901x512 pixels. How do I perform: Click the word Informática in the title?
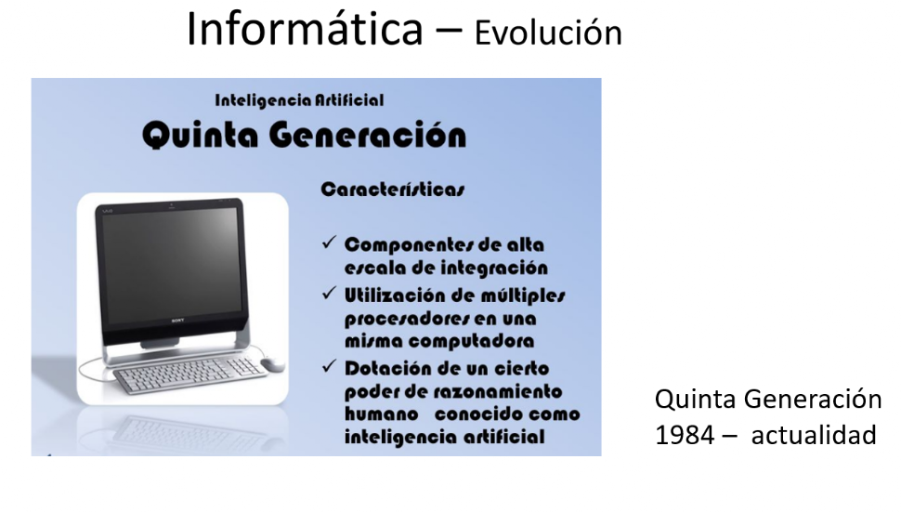click(305, 29)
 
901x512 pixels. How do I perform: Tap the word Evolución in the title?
click(548, 33)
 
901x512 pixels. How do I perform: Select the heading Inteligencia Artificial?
click(299, 100)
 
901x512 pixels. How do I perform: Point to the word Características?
click(393, 190)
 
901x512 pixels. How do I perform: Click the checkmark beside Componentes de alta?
click(329, 243)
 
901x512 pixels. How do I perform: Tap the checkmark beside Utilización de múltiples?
click(329, 293)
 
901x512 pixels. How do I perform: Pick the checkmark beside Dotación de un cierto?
click(329, 366)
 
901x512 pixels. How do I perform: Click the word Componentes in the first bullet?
click(408, 245)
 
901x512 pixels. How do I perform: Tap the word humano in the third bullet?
click(382, 414)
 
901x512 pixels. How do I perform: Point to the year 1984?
click(685, 435)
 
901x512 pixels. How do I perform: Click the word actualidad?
click(814, 435)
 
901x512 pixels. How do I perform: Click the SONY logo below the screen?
click(177, 321)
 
